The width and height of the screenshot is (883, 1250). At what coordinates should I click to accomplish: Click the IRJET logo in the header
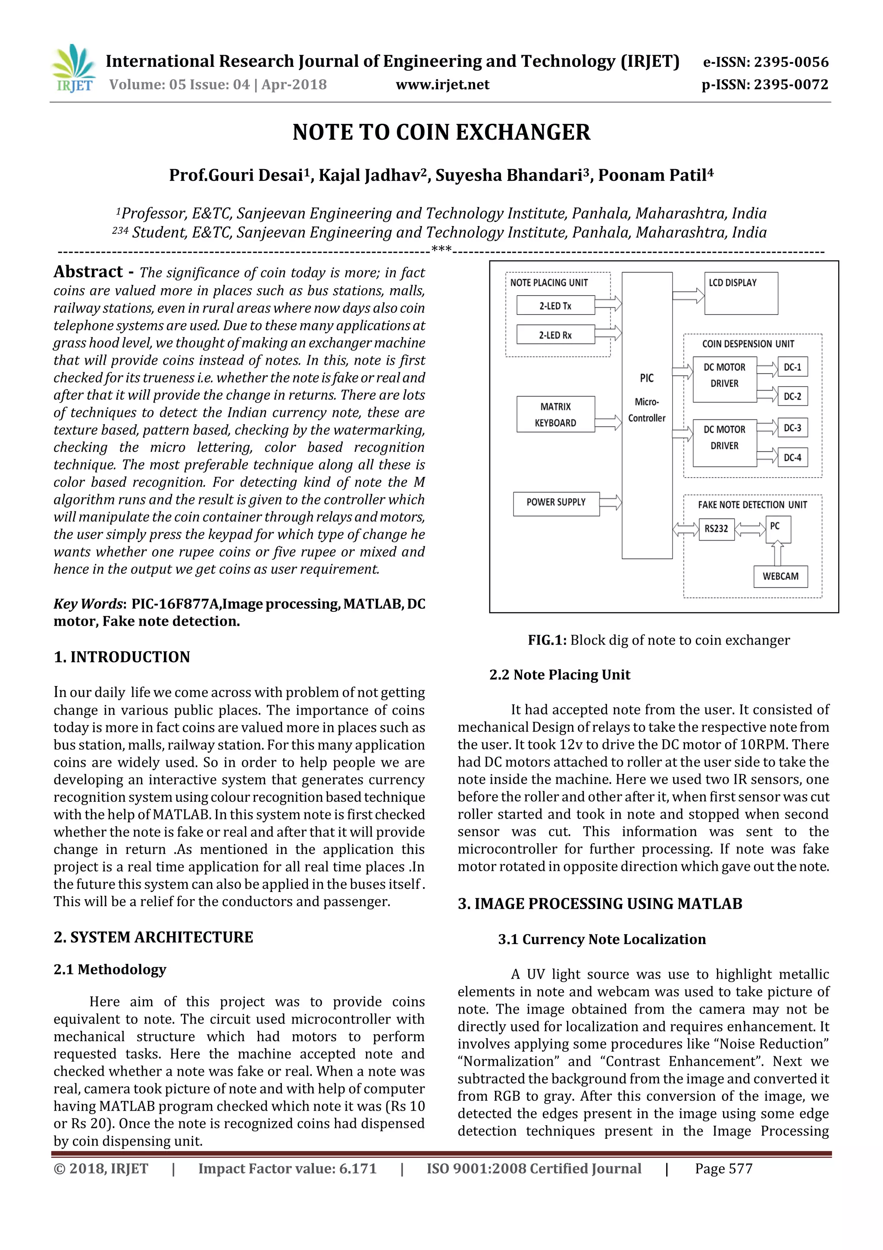(73, 69)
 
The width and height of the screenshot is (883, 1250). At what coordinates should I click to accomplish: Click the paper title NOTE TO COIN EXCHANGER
(441, 132)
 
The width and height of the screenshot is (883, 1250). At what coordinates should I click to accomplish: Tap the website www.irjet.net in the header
(442, 85)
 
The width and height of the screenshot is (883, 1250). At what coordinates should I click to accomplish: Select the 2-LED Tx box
(555, 306)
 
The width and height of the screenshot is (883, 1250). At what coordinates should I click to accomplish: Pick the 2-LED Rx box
(555, 335)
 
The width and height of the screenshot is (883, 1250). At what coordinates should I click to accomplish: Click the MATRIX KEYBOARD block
(555, 414)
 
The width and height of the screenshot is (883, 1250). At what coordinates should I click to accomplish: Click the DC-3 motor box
(792, 428)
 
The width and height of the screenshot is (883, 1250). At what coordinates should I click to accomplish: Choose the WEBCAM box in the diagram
(780, 576)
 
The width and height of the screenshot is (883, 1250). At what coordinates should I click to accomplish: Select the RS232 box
(716, 529)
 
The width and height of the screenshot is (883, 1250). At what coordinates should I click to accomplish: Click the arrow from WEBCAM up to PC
(777, 554)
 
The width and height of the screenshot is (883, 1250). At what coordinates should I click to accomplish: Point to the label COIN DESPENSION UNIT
(748, 344)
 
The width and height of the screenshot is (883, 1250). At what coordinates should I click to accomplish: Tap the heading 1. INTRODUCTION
(122, 657)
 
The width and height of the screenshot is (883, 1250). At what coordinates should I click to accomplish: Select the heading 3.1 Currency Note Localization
(602, 939)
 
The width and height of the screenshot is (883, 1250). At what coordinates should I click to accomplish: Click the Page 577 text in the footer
(723, 1169)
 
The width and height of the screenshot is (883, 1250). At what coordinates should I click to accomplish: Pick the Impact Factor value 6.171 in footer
(287, 1169)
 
